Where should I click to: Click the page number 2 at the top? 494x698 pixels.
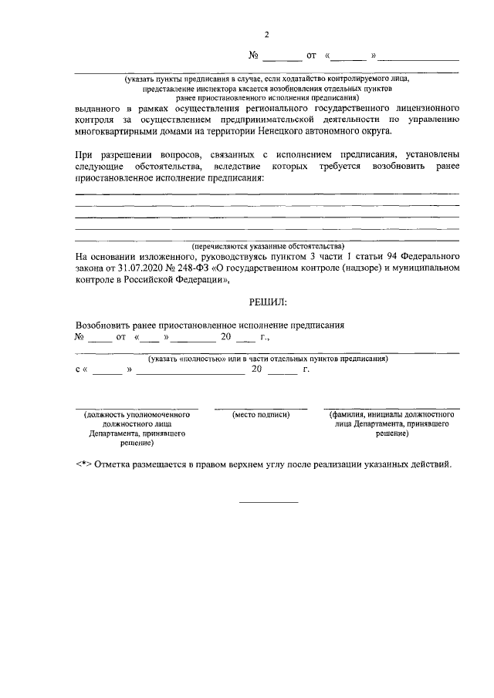click(266, 35)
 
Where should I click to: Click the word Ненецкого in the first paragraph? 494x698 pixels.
click(285, 131)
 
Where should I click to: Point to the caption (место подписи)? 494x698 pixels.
click(261, 415)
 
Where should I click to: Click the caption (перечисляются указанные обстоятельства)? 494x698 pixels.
click(267, 246)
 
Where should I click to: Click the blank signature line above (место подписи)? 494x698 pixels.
click(261, 407)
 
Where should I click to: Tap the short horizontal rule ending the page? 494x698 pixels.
click(268, 502)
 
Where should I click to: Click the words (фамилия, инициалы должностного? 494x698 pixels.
click(391, 415)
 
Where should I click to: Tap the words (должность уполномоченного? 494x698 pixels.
click(137, 415)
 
